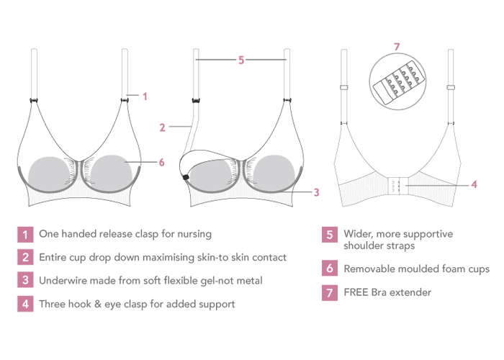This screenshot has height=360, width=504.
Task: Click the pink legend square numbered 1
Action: coord(25,234)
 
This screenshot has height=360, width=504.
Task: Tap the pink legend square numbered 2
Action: coord(25,257)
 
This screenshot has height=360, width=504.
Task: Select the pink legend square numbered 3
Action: coord(25,281)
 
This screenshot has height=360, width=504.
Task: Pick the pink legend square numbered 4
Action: coord(25,304)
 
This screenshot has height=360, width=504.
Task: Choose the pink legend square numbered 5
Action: coord(330,234)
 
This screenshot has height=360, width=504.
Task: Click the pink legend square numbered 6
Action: coord(330,269)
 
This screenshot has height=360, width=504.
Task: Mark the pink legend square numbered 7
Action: coord(330,293)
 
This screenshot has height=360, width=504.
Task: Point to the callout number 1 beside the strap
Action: coord(145,95)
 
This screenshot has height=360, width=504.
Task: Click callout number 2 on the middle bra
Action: coord(163,127)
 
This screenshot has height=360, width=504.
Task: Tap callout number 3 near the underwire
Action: coord(316,192)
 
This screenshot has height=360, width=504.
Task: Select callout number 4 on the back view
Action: coord(474,184)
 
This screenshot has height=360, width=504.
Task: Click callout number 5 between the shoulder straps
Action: coord(241,60)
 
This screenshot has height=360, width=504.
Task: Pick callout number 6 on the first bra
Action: coord(161,163)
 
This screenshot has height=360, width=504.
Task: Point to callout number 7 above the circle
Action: coord(396,47)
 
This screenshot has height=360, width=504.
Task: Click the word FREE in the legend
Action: coord(357,293)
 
